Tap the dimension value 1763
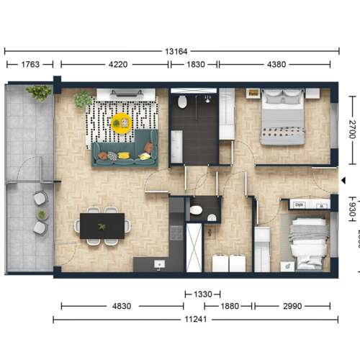[30, 65]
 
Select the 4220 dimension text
[118, 65]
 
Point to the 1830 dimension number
[195, 65]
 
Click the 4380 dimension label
[276, 65]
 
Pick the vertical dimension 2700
[352, 130]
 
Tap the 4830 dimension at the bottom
[122, 306]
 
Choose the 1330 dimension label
[203, 294]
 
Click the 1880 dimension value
[230, 306]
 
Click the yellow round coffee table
[122, 123]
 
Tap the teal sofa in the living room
[125, 150]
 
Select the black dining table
[102, 225]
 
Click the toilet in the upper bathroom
[182, 102]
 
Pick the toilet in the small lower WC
[196, 211]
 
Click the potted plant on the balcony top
[38, 92]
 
